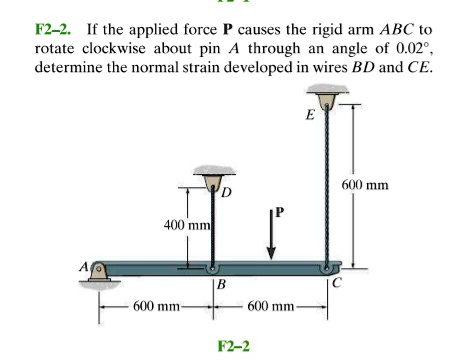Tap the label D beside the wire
click(x=226, y=190)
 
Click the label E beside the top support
click(x=311, y=114)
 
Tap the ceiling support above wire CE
click(x=327, y=96)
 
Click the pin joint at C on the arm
click(x=327, y=267)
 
